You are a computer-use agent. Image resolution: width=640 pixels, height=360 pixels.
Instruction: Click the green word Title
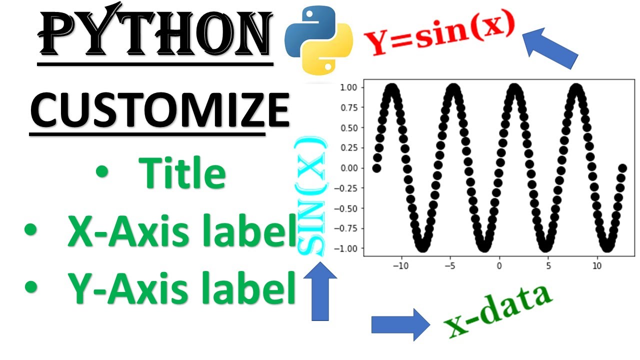click(x=182, y=172)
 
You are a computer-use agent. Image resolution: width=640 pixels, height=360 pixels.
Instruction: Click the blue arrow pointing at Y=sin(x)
click(x=550, y=47)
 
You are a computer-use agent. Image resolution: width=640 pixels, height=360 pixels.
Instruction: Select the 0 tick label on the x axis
click(x=499, y=265)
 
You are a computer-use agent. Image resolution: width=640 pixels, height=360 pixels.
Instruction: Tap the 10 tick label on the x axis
click(x=597, y=265)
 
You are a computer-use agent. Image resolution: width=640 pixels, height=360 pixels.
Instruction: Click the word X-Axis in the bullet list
click(x=126, y=232)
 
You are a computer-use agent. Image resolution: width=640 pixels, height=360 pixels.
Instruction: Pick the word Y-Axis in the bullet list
click(x=126, y=290)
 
